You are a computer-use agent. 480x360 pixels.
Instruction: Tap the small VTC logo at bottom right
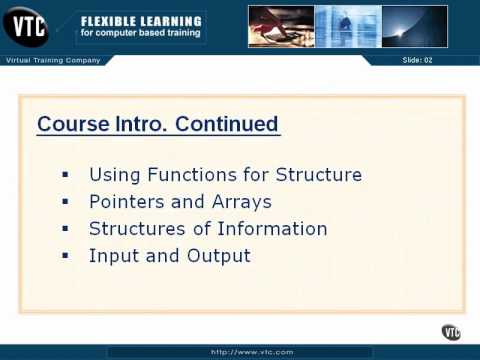tap(451, 332)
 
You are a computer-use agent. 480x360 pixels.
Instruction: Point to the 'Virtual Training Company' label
tap(53, 60)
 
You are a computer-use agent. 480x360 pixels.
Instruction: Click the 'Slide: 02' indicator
tap(418, 61)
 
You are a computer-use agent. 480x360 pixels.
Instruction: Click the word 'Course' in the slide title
tap(70, 125)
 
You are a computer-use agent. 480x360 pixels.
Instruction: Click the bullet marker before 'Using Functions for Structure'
tap(65, 175)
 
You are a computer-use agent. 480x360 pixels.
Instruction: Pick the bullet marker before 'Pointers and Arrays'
tap(65, 202)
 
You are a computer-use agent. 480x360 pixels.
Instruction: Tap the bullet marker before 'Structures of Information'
tap(65, 229)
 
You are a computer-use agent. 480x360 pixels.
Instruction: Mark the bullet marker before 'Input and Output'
tap(65, 256)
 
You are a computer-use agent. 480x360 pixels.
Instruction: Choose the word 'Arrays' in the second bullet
tap(240, 202)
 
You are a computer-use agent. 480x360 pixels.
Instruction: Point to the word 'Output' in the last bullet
tap(218, 256)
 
